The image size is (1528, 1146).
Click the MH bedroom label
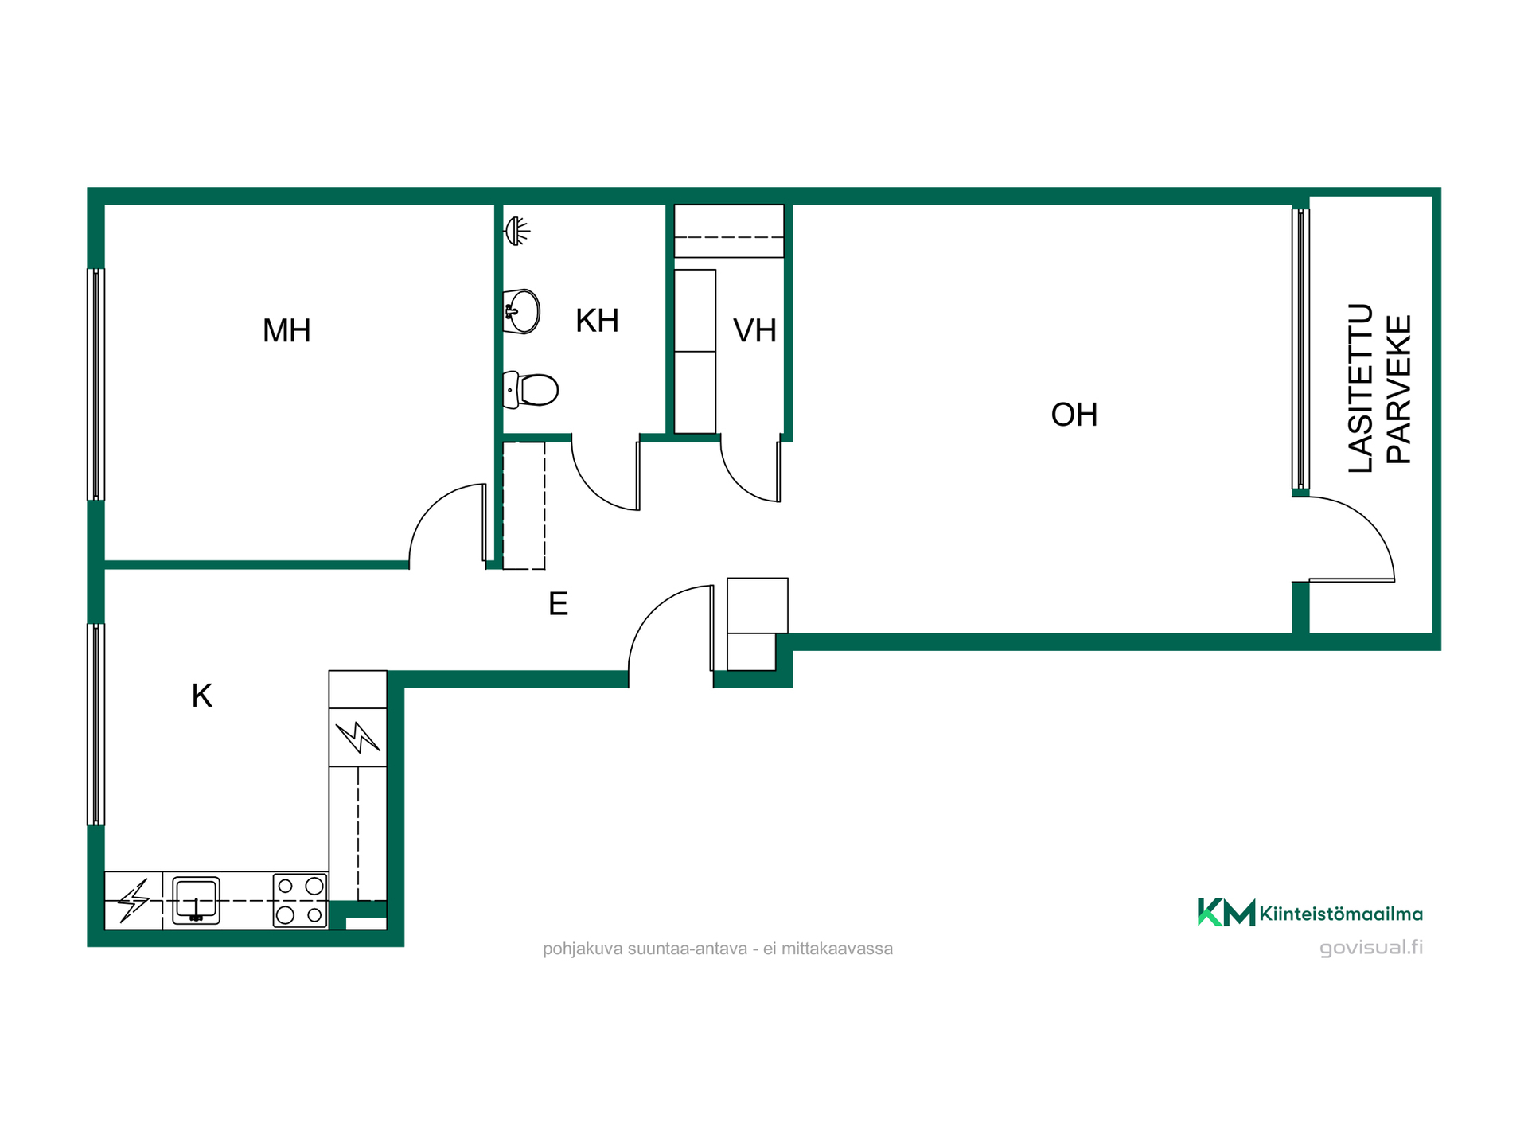click(286, 330)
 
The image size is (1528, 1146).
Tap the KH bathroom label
click(597, 321)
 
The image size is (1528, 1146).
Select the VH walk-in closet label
click(754, 330)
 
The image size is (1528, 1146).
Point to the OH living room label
click(1074, 415)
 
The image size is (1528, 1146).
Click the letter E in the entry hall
click(558, 604)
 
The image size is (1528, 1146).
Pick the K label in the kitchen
click(201, 696)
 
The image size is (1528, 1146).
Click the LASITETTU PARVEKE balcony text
click(1380, 388)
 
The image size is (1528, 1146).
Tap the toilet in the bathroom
click(531, 390)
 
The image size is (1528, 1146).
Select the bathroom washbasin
click(522, 311)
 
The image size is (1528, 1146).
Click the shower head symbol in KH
click(517, 231)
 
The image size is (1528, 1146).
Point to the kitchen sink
click(196, 900)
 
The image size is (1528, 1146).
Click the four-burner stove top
click(300, 900)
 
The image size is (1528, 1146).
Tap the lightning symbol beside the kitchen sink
click(134, 900)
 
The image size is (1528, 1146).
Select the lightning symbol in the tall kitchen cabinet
click(357, 736)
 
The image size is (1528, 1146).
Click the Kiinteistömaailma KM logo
click(1310, 913)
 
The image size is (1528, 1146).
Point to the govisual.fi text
click(1371, 947)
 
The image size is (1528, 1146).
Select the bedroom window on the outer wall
click(95, 384)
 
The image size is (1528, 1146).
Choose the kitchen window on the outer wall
click(95, 724)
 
